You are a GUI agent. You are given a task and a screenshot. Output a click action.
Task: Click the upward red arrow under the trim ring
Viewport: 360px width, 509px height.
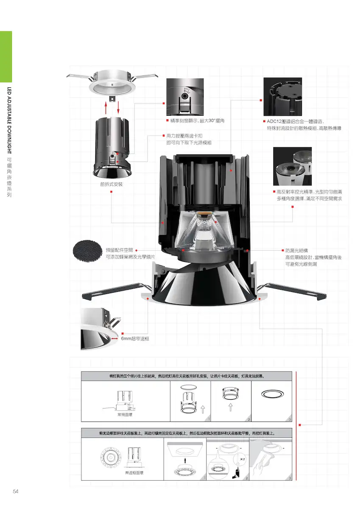(x=106, y=108)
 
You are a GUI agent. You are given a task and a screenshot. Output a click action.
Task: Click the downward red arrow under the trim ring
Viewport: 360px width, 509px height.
(x=118, y=108)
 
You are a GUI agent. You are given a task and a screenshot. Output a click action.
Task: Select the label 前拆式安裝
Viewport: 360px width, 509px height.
(x=111, y=184)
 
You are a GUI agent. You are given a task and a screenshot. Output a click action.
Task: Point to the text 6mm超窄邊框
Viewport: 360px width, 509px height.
(x=135, y=338)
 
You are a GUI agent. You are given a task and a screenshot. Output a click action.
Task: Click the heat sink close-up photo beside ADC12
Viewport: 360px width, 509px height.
(x=282, y=97)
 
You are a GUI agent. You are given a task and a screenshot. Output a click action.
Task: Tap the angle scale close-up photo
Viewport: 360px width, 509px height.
(x=185, y=97)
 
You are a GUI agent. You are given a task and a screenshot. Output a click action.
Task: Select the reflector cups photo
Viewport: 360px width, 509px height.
(x=292, y=166)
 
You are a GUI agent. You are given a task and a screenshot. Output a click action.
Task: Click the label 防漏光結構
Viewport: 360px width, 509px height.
(x=296, y=251)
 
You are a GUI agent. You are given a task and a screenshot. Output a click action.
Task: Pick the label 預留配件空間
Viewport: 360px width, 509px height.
(x=119, y=250)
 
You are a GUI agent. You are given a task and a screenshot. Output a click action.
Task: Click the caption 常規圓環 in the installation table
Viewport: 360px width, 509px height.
(x=125, y=415)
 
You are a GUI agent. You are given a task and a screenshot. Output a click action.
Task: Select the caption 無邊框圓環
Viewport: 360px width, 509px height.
(x=134, y=473)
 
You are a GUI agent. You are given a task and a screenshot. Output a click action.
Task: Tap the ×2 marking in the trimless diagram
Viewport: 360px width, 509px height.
(x=243, y=459)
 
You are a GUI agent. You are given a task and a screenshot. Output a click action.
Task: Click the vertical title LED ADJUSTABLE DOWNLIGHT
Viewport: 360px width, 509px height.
(x=9, y=120)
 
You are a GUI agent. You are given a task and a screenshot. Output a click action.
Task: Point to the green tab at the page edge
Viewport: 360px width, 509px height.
(x=6, y=56)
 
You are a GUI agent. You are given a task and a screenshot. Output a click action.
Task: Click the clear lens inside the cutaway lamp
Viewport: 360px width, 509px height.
(x=204, y=231)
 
